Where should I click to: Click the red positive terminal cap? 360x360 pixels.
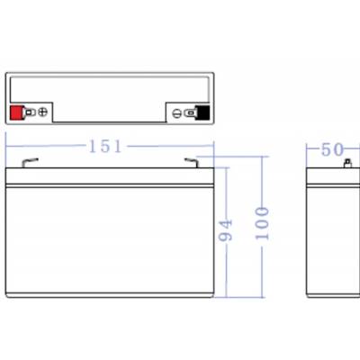click(15, 112)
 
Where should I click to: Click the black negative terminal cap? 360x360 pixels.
click(202, 112)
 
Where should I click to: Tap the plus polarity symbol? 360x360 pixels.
click(43, 112)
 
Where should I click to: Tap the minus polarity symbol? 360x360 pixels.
click(176, 113)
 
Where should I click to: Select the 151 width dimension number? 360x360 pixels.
click(105, 147)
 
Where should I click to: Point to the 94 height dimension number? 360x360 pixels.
click(226, 230)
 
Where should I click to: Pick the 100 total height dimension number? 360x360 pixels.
click(262, 223)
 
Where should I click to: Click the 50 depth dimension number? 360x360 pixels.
click(332, 149)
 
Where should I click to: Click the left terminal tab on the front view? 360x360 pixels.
click(30, 162)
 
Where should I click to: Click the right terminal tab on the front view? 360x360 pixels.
click(191, 162)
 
